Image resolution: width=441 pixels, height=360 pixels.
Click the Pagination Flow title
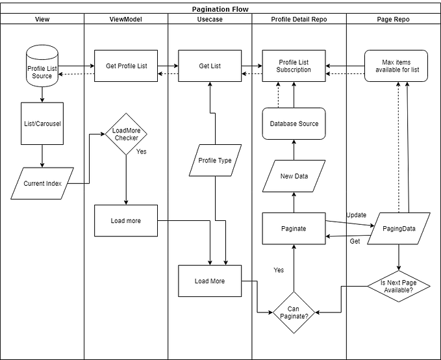(220, 9)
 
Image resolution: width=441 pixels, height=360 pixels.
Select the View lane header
(42, 19)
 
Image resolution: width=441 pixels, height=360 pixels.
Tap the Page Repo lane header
(393, 19)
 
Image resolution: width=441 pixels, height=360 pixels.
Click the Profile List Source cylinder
(42, 66)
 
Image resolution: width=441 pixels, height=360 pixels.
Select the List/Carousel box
(42, 123)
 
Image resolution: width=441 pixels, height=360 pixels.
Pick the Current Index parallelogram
(43, 183)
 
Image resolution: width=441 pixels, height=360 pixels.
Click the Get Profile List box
(125, 66)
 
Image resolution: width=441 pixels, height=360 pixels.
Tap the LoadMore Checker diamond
(126, 134)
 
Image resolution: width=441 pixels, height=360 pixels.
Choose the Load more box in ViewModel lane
(125, 221)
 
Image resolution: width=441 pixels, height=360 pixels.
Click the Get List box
(209, 66)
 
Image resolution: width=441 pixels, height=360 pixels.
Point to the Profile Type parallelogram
(214, 161)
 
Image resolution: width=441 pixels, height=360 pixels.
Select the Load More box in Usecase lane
(209, 281)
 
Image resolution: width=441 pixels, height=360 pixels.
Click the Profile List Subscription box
(294, 66)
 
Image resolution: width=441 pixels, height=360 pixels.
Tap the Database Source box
(294, 123)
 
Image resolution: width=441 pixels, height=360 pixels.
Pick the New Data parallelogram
(294, 176)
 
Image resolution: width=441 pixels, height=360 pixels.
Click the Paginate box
(294, 229)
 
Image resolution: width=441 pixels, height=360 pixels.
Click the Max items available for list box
(396, 66)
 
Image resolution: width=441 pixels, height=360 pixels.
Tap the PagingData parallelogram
(399, 229)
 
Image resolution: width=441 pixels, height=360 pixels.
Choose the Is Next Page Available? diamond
(399, 285)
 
